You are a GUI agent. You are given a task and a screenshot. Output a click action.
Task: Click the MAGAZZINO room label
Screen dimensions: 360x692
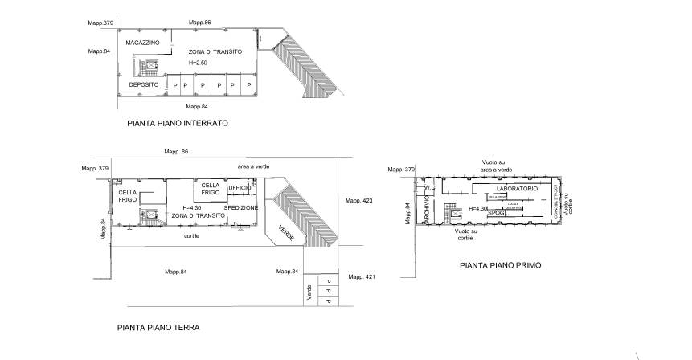click(x=143, y=41)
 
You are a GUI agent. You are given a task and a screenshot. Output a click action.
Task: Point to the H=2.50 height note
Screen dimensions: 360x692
click(x=199, y=63)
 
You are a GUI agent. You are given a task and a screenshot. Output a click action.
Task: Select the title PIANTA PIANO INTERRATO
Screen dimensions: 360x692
click(x=178, y=124)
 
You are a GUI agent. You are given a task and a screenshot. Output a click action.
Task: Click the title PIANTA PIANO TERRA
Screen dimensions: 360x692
click(x=158, y=328)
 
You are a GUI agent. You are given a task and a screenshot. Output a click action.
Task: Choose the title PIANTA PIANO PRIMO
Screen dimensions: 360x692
click(x=500, y=264)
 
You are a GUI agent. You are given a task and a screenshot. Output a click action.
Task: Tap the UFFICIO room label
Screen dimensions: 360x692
click(x=240, y=188)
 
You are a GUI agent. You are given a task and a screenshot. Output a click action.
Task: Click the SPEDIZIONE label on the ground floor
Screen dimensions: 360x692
click(x=241, y=207)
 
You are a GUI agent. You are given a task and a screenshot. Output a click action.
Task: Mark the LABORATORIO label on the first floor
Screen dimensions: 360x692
click(x=511, y=188)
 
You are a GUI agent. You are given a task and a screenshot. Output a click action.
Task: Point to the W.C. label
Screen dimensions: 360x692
click(x=429, y=189)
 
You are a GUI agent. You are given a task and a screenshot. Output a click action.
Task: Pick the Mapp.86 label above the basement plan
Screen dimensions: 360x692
click(x=199, y=22)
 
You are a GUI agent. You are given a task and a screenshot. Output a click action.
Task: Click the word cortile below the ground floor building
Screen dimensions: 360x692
click(x=191, y=235)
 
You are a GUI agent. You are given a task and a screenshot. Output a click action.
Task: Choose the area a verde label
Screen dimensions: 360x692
click(x=253, y=166)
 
